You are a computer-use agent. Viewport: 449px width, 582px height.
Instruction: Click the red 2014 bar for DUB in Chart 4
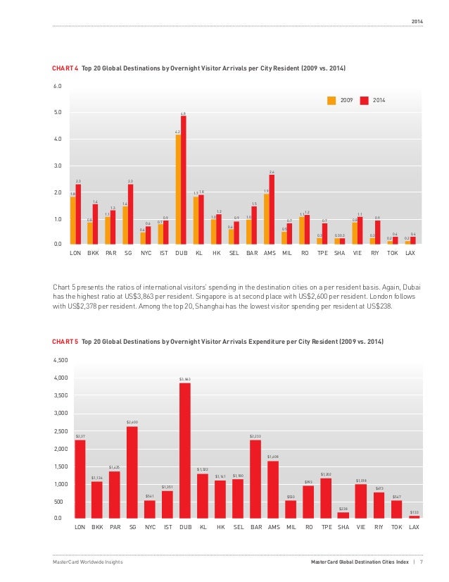[x=184, y=180]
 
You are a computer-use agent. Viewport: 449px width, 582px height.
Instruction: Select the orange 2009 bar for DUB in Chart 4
[x=178, y=189]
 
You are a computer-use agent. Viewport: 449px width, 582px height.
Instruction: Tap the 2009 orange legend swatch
[x=331, y=100]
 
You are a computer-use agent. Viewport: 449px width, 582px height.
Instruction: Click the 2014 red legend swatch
[x=365, y=100]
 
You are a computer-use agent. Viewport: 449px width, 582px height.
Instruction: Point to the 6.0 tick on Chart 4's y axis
[x=57, y=86]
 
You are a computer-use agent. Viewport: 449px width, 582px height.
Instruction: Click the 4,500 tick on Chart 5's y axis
[x=60, y=360]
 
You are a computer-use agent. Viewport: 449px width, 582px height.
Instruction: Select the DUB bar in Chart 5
[x=185, y=451]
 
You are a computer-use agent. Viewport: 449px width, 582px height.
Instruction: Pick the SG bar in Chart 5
[x=132, y=472]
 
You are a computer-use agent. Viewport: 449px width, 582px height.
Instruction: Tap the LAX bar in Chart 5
[x=415, y=516]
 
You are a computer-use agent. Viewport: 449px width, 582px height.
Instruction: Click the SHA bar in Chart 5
[x=343, y=515]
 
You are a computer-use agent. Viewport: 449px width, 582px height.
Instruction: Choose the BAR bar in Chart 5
[x=255, y=479]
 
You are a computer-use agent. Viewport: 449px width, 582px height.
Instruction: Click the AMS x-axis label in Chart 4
[x=270, y=252]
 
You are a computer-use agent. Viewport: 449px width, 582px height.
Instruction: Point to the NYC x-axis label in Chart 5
[x=150, y=526]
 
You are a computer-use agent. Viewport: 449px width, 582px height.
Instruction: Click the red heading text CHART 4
[x=65, y=68]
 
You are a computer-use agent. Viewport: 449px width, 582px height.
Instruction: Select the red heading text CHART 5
[x=65, y=341]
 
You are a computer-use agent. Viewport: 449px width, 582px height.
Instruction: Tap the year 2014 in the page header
[x=418, y=19]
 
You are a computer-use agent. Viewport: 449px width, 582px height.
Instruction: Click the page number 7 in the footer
[x=422, y=562]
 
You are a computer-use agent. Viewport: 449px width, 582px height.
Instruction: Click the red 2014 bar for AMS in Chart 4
[x=272, y=209]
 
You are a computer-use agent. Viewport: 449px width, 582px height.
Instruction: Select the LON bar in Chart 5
[x=80, y=479]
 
